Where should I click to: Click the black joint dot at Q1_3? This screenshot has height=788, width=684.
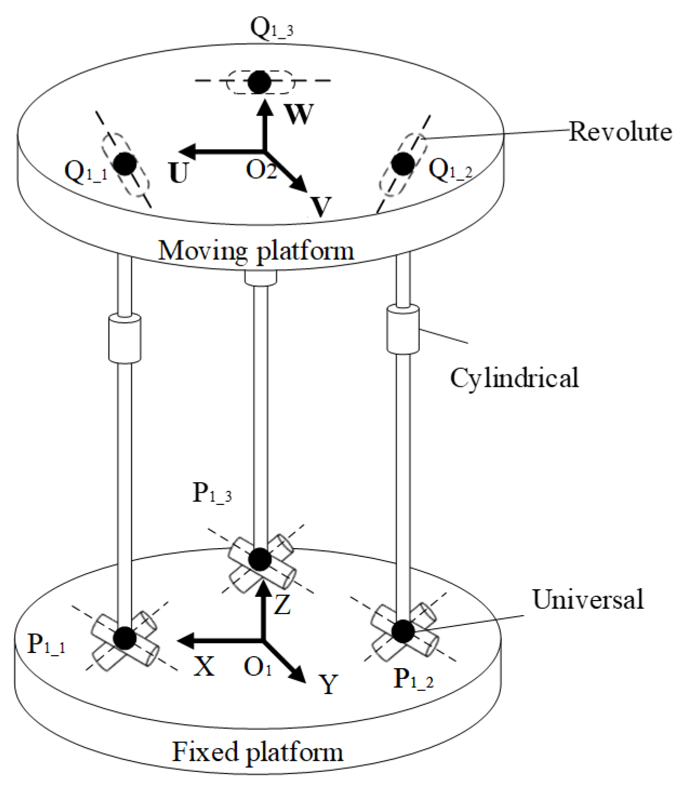[260, 82]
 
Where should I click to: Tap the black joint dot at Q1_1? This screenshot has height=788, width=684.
[125, 164]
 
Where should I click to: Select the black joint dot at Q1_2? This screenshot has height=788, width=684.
[403, 164]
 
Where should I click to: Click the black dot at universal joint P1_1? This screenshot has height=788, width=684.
[125, 638]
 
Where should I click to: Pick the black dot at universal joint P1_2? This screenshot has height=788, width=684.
[403, 631]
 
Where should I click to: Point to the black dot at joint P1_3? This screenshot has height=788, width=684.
[260, 560]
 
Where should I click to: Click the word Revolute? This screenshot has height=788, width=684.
[620, 132]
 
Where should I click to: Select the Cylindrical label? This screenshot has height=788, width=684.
[514, 378]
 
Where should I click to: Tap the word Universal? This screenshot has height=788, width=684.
[588, 599]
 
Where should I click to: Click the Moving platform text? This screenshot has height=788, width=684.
[256, 251]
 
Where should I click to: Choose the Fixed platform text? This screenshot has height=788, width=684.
[258, 752]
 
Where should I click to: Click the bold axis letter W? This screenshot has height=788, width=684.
[298, 114]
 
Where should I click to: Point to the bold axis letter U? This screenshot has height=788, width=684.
[178, 173]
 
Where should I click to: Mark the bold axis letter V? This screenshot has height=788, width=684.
[321, 206]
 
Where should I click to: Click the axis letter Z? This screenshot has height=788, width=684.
[283, 604]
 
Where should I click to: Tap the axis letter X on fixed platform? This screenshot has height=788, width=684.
[204, 666]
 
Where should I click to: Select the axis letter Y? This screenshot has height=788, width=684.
[328, 685]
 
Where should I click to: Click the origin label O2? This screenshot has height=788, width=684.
[261, 170]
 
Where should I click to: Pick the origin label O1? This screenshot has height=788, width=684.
[258, 668]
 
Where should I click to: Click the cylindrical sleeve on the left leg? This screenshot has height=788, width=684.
[125, 339]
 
